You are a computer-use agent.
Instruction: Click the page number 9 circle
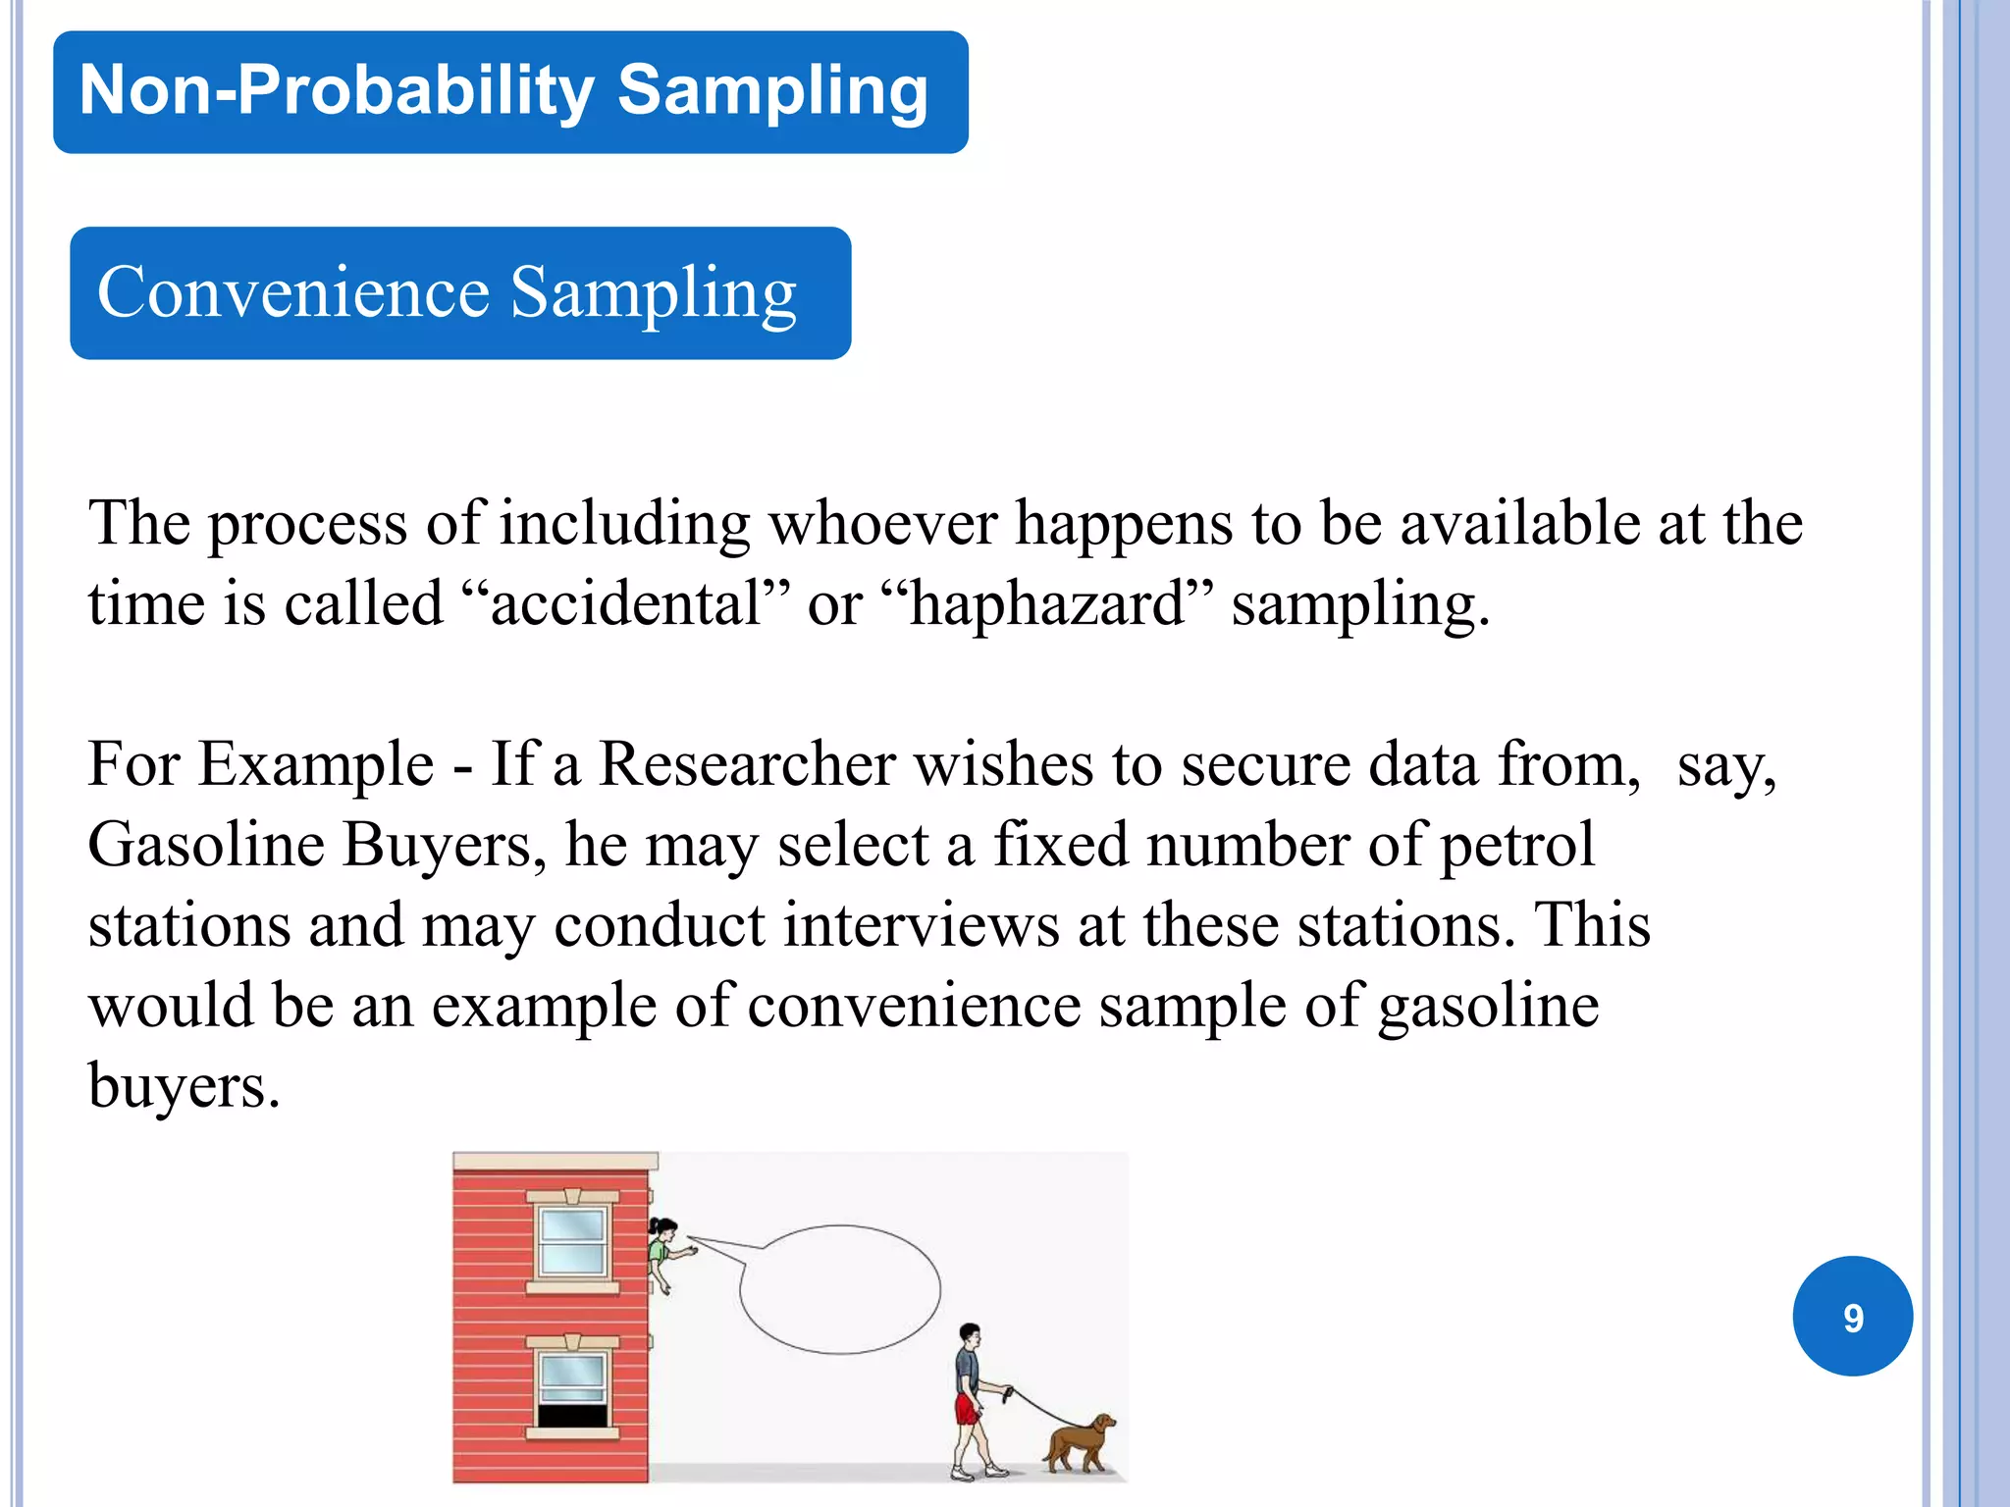(x=1852, y=1317)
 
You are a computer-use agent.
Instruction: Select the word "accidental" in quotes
(x=626, y=603)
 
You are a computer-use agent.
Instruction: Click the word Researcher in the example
(x=746, y=764)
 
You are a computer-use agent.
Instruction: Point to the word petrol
(x=1516, y=845)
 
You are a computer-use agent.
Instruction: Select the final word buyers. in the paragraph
(x=185, y=1086)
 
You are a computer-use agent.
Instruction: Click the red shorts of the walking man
(x=967, y=1410)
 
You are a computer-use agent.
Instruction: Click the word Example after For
(x=315, y=764)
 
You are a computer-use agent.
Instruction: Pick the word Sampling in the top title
(x=772, y=90)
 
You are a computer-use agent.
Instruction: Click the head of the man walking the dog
(x=970, y=1336)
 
